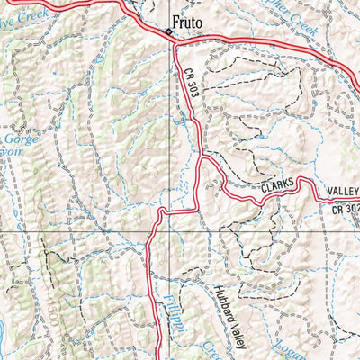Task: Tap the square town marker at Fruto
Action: [x=167, y=34]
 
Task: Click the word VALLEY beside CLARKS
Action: [x=343, y=192]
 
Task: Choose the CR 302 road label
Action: [x=345, y=210]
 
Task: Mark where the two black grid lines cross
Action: [x=169, y=233]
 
